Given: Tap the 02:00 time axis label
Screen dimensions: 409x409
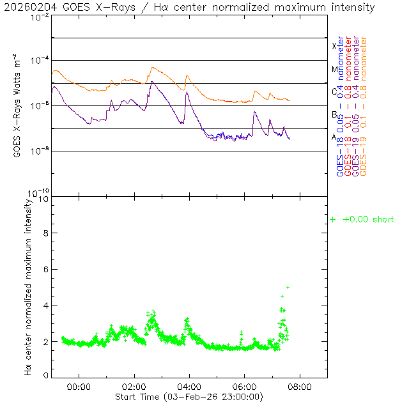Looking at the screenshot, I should coord(134,387).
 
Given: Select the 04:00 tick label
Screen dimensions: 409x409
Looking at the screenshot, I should coord(190,387).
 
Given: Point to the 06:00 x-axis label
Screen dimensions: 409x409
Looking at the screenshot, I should coord(245,387).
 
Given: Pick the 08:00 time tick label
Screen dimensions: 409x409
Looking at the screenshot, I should coord(300,387).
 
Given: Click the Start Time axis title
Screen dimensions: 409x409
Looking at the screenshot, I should coord(189,397).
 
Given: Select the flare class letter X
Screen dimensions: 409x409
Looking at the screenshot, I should coord(334,46).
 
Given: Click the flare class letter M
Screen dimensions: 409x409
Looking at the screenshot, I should coord(334,69).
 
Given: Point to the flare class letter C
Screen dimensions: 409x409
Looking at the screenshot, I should coord(334,91).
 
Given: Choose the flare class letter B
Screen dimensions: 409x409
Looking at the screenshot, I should coord(334,114).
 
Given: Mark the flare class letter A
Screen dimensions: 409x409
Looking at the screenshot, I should coord(334,137).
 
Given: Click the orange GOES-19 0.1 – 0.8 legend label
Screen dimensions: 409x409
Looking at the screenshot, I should coord(364,106).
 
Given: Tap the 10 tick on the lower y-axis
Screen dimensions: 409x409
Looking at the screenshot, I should coord(45,199).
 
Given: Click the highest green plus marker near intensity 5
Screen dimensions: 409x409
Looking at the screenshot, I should coord(288,287).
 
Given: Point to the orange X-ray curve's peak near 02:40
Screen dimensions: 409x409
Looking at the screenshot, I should coord(152,68).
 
